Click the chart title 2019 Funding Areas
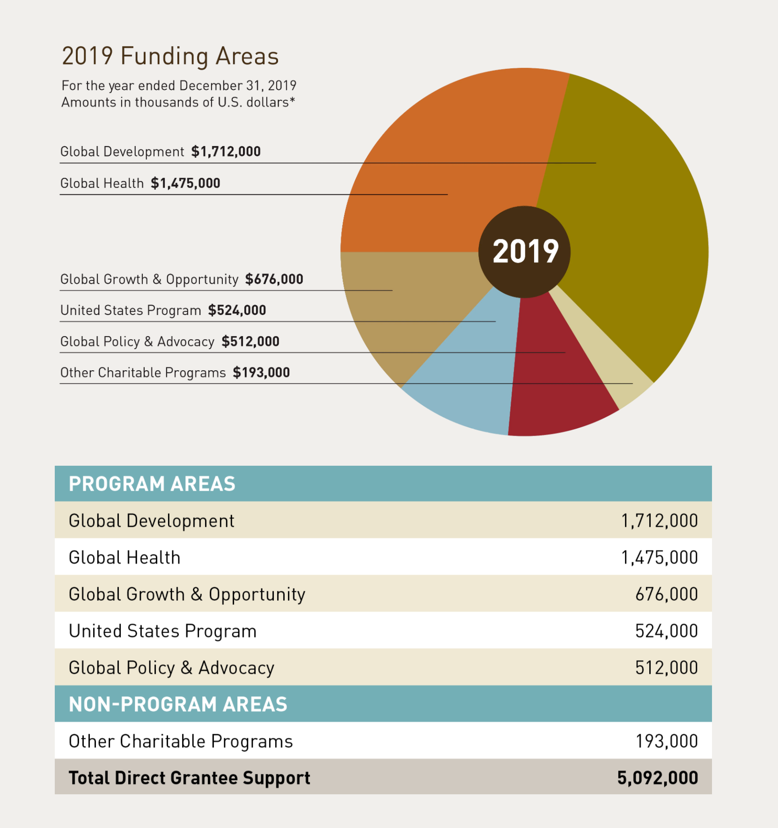pyautogui.click(x=170, y=56)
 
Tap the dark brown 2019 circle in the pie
pyautogui.click(x=524, y=252)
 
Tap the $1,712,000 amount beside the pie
pyautogui.click(x=226, y=152)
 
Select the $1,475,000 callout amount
pyautogui.click(x=185, y=183)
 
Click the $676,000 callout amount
pyautogui.click(x=274, y=279)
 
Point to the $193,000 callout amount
pyautogui.click(x=261, y=373)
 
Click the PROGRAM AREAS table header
pyautogui.click(x=152, y=484)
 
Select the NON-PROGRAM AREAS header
pyautogui.click(x=178, y=704)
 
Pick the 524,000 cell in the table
pyautogui.click(x=666, y=631)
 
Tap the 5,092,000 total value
pyautogui.click(x=657, y=778)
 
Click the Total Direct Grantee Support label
pyautogui.click(x=189, y=778)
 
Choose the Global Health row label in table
pyautogui.click(x=125, y=557)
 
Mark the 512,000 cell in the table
pyautogui.click(x=666, y=668)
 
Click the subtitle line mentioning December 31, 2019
pyautogui.click(x=179, y=86)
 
